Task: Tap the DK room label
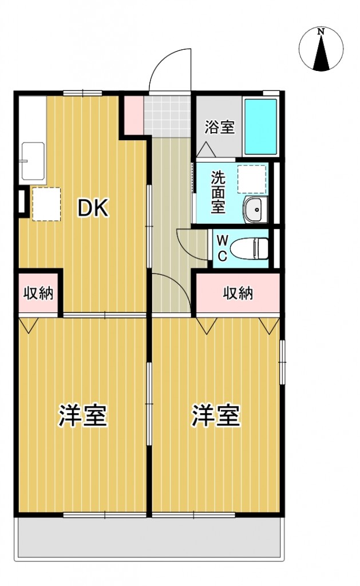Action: (93, 209)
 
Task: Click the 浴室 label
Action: (220, 126)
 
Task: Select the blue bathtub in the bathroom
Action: (261, 126)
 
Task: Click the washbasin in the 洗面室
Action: (254, 209)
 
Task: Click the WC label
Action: (222, 247)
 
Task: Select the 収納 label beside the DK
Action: (38, 294)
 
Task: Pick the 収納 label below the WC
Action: (238, 294)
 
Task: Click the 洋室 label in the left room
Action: (83, 416)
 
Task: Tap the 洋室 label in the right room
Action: (216, 416)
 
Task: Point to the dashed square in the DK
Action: (46, 203)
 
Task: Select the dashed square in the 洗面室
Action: (252, 179)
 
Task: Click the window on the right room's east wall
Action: (282, 362)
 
